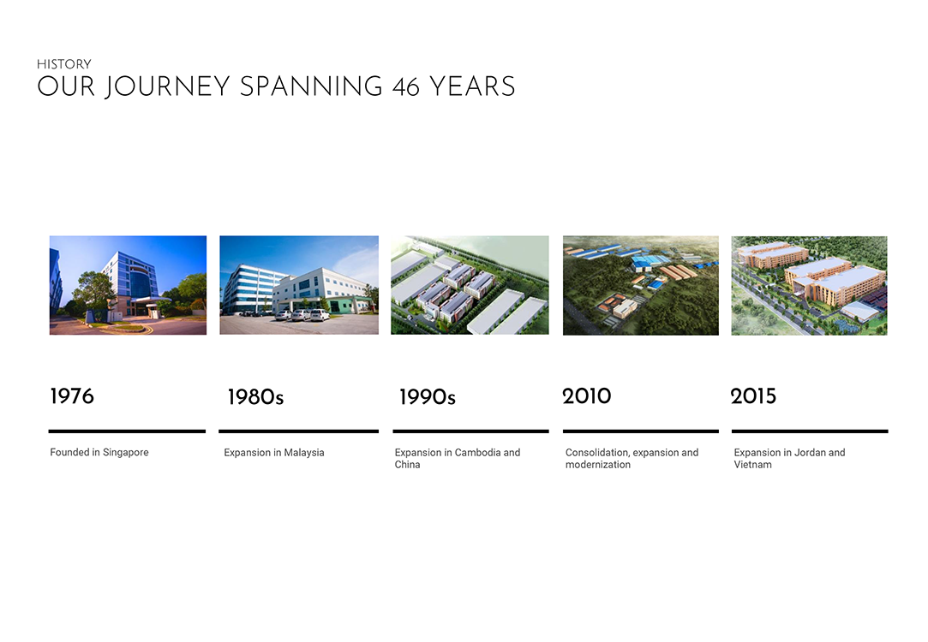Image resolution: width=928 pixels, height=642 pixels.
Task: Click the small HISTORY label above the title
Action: [64, 64]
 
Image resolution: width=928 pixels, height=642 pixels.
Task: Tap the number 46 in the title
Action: [406, 87]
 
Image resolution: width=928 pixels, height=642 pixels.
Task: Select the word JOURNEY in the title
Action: [167, 87]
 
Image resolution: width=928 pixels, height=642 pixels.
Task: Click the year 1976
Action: [72, 396]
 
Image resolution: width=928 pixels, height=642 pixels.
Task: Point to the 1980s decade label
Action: [255, 396]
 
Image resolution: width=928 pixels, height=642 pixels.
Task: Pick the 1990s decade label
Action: [428, 396]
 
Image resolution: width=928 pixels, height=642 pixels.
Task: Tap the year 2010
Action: [586, 396]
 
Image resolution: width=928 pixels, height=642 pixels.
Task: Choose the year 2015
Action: [753, 396]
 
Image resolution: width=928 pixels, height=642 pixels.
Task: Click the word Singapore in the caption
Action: [125, 452]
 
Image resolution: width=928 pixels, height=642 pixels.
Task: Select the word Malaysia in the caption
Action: [303, 452]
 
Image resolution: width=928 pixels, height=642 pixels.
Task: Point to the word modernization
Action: [598, 465]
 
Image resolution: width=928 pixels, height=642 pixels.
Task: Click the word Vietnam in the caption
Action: [753, 465]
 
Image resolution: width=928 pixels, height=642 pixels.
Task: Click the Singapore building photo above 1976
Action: [128, 285]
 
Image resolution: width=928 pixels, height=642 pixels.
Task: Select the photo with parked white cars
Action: [299, 285]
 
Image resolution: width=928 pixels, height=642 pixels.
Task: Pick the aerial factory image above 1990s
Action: [470, 285]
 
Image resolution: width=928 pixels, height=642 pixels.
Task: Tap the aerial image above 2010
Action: [641, 286]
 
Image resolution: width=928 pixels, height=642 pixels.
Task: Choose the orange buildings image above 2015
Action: [809, 286]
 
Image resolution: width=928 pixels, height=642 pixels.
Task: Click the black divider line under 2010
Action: [641, 431]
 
